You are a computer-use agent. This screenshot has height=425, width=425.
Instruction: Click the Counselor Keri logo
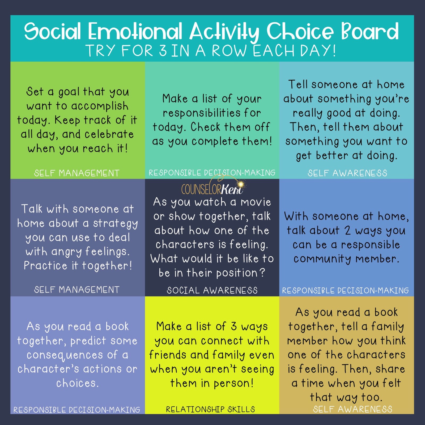point(212,189)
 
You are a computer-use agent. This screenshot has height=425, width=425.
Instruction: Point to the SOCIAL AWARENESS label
point(212,290)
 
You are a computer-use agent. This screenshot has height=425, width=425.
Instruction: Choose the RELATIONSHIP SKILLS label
point(210,409)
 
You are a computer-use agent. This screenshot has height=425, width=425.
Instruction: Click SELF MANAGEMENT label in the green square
point(77,173)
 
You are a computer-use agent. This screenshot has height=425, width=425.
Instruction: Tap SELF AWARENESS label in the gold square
point(352,409)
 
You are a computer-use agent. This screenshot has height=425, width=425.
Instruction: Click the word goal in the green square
point(69,92)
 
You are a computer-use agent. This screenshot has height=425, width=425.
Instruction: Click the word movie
point(256,202)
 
